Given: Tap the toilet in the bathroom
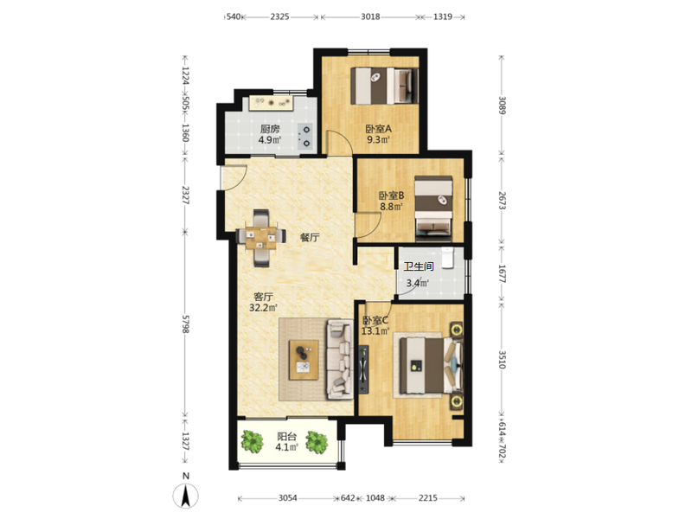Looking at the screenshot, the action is coord(447,258).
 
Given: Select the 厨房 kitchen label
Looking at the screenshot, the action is coord(270,129).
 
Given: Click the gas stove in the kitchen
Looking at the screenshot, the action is coord(306,136).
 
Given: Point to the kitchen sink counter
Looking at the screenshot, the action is coord(271,103).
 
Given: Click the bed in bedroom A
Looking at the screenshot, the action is coord(384,86).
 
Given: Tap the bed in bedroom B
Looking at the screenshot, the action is coord(434,208).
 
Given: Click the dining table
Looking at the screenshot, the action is coord(260,238).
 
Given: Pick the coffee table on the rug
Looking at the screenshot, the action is coord(304,360).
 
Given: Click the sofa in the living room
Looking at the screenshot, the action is coord(340,360).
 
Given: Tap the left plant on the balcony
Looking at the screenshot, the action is coord(252,441).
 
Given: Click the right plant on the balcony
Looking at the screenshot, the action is coord(317,442).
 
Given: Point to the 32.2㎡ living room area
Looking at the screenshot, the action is coord(263,308).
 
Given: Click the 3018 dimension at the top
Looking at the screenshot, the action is coord(370,16).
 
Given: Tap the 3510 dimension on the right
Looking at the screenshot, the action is coord(503,359).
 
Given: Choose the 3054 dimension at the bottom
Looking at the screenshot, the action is coord(288,498).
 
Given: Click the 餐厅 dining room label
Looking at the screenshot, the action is coord(310,237).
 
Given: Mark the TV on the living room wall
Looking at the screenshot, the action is coord(363,369).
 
